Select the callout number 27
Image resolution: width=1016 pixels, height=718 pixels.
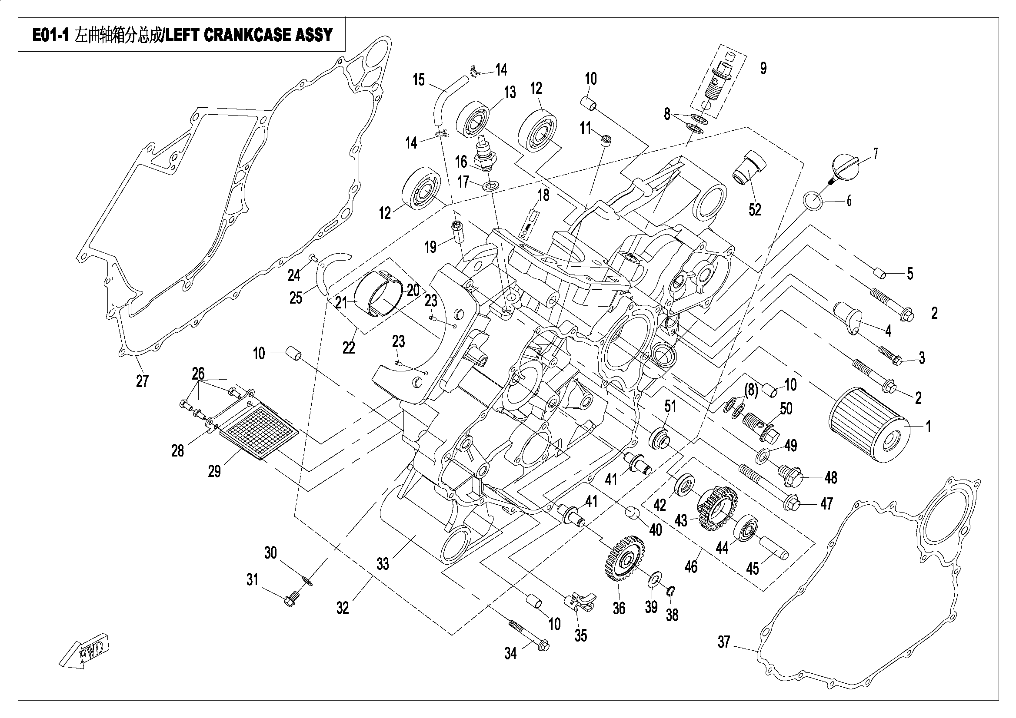pyautogui.click(x=142, y=381)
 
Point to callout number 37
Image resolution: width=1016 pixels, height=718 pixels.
pyautogui.click(x=723, y=642)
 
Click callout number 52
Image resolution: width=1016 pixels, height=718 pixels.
pyautogui.click(x=754, y=209)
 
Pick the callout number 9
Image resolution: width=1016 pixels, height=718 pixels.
pyautogui.click(x=763, y=68)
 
